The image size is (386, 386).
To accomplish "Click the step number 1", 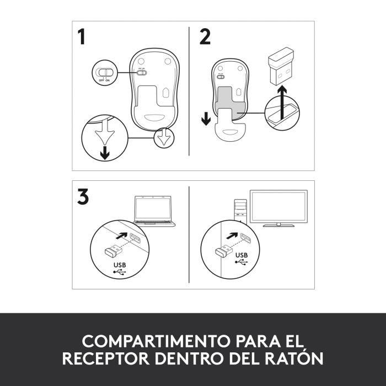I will tap(82, 37).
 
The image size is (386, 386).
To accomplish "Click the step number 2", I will tap(205, 37).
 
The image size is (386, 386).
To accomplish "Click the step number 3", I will tap(83, 197).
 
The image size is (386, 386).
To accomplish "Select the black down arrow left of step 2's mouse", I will tap(205, 118).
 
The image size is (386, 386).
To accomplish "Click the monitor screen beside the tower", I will tap(279, 206).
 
